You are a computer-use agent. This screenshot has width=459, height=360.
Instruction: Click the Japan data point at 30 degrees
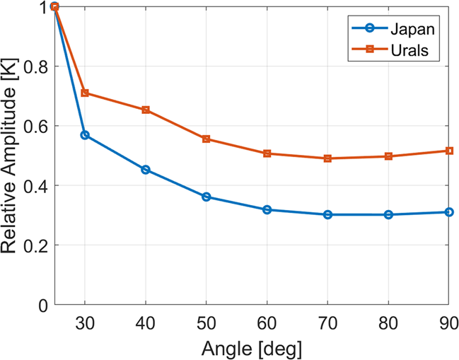85,134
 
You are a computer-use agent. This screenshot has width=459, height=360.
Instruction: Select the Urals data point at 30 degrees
85,93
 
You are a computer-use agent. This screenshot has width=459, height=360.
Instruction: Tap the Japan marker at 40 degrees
146,170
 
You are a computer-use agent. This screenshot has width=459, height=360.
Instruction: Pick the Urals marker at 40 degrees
146,110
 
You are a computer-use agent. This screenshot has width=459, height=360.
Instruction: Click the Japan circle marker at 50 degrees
207,197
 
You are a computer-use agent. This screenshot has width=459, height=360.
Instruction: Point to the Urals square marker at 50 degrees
207,139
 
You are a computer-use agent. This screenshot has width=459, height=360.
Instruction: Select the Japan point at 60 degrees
267,209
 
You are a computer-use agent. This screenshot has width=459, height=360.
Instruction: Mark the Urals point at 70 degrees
328,158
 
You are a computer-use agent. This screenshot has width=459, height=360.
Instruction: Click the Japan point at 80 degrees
388,214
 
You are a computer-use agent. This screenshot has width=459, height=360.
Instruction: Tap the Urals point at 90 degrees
449,151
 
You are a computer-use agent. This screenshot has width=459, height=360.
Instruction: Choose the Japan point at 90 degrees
449,211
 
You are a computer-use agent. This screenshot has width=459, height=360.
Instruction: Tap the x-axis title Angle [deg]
251,348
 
